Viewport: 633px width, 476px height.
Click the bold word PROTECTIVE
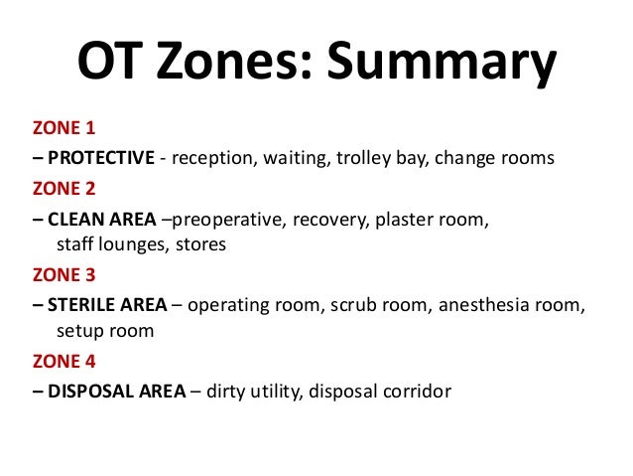pyautogui.click(x=101, y=157)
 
